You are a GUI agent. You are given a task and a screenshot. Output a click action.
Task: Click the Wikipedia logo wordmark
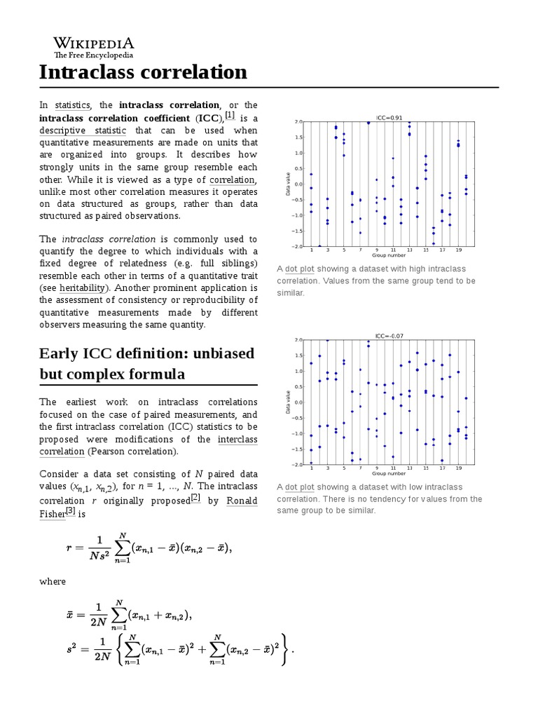coord(94,43)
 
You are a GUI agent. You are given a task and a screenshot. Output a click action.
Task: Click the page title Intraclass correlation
coord(143,72)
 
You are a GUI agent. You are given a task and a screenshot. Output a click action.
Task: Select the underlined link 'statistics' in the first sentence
coord(72,105)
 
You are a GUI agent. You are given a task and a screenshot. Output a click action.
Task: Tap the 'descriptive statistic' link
coord(83,130)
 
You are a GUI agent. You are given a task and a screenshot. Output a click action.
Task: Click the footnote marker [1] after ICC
coord(229,116)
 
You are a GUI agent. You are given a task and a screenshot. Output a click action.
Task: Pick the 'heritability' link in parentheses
coord(82,287)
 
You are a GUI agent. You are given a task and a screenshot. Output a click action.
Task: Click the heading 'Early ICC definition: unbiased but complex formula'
coord(147,363)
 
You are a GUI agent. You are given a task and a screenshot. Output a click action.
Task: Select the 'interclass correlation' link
coord(237,439)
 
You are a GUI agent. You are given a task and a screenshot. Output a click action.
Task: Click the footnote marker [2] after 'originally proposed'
coord(195,498)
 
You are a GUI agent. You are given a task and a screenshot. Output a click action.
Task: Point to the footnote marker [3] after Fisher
coord(70,510)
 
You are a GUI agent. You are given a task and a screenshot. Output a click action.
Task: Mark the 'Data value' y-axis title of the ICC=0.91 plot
coord(287,184)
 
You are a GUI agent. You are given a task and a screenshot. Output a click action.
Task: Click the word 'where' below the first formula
coord(53,581)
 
